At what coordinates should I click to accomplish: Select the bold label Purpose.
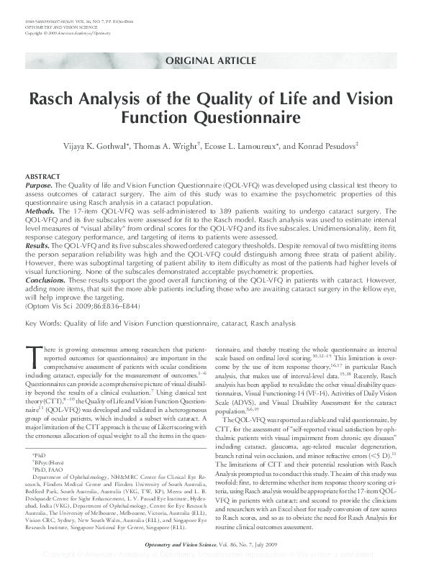pos(40,185)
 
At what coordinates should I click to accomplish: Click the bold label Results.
pos(39,246)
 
